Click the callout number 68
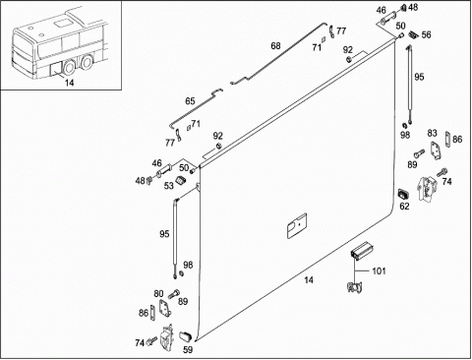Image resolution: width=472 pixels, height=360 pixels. tap(275, 46)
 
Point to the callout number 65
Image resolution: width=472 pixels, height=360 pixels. tap(190, 101)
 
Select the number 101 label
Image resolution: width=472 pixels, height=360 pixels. tap(379, 271)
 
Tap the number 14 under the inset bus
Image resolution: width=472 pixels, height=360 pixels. tap(69, 83)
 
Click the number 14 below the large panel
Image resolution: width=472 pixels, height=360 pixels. tap(309, 280)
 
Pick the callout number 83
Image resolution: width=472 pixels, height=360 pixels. tap(433, 133)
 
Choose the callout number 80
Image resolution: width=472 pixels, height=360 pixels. tap(159, 293)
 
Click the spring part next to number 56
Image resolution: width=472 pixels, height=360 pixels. tap(413, 34)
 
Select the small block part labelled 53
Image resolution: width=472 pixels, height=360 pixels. tap(181, 180)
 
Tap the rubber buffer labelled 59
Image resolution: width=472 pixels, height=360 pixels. tap(185, 336)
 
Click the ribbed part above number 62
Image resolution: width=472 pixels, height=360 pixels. tap(403, 194)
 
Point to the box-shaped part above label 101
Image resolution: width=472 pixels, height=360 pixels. tap(363, 251)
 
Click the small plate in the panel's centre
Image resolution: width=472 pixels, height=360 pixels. tap(297, 225)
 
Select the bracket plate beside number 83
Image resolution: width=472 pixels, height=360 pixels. tap(436, 151)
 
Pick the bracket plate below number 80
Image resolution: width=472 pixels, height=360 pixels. tap(164, 308)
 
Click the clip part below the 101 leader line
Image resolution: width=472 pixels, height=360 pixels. tap(354, 287)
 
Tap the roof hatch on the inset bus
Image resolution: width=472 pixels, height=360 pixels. tap(61, 24)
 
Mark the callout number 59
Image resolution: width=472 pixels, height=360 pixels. tap(188, 350)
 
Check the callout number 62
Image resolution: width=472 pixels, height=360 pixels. tap(405, 207)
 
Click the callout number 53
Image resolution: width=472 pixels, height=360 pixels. tap(169, 186)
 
